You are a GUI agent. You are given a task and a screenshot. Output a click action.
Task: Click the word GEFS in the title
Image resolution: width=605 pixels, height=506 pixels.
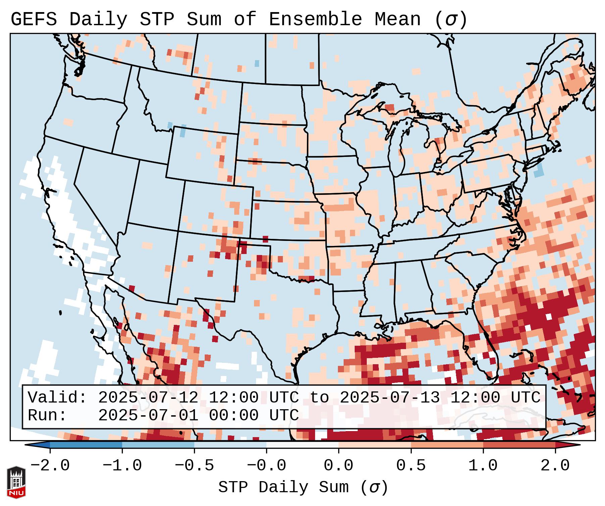tap(34, 19)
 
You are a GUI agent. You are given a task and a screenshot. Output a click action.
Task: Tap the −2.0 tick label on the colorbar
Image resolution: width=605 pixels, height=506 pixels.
tap(50, 466)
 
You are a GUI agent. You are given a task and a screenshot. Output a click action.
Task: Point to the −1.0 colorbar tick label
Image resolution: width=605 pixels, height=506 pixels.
tap(122, 466)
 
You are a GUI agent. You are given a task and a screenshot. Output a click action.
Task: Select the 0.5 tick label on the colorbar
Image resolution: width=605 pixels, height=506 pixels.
tap(411, 466)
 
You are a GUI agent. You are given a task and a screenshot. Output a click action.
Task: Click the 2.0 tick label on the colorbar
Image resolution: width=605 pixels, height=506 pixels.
tap(555, 466)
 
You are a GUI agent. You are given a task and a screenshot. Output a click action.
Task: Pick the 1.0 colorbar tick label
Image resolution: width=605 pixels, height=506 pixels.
tap(483, 466)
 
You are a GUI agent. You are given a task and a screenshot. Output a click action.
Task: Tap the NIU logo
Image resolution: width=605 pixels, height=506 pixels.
tap(16, 482)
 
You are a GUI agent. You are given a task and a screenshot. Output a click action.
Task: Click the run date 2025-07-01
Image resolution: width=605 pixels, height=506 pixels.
tap(148, 416)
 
